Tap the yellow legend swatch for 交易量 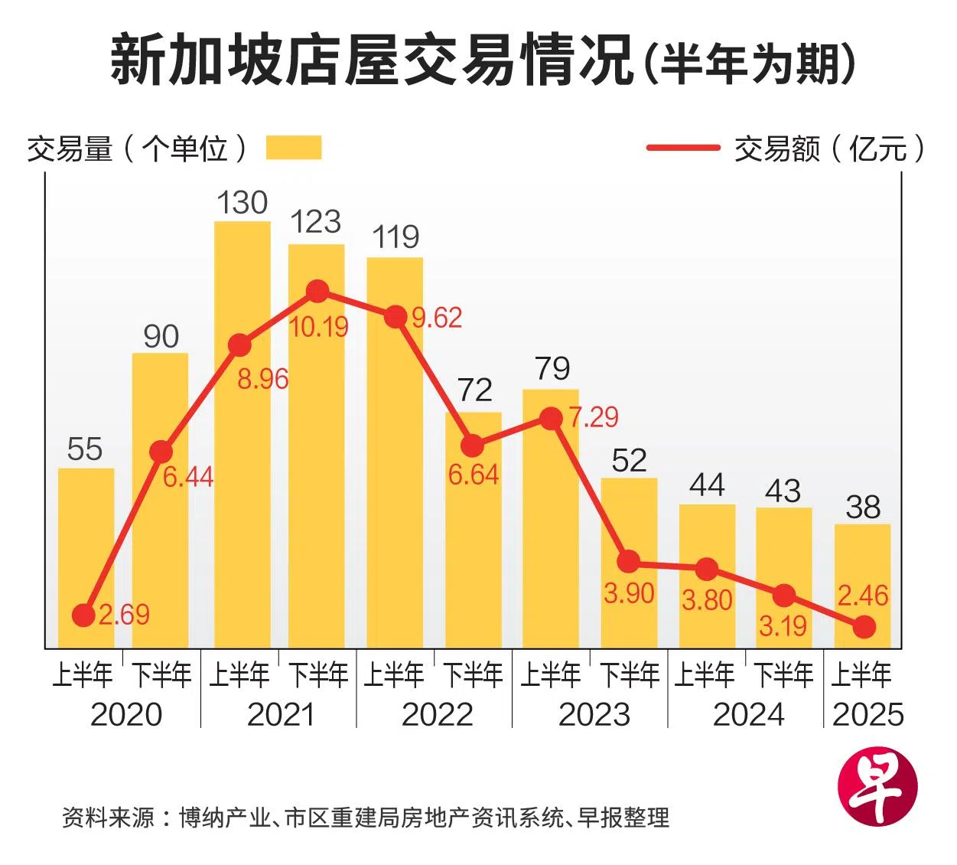tap(294, 148)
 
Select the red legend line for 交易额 tap(682, 148)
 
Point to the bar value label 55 tap(84, 449)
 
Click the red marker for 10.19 tap(317, 292)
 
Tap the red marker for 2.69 tap(83, 615)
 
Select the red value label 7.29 tap(593, 417)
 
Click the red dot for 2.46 tap(864, 627)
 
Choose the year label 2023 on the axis tap(594, 715)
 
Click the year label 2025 tap(867, 715)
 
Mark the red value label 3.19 tap(783, 626)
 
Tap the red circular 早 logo tap(877, 786)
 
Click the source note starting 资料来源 tap(366, 818)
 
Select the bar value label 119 tap(395, 237)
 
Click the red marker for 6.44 tap(161, 452)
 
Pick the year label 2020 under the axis tap(126, 715)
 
